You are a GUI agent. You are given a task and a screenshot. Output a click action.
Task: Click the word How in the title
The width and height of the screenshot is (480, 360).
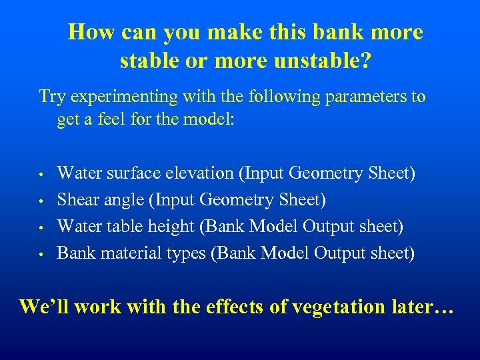(x=87, y=32)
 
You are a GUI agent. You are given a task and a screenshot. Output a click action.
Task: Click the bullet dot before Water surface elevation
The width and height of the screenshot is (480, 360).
(x=41, y=175)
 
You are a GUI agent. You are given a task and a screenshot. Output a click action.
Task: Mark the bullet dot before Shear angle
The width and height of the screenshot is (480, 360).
(x=41, y=201)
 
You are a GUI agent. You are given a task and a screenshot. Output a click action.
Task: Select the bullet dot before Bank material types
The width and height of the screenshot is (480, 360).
(x=41, y=255)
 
